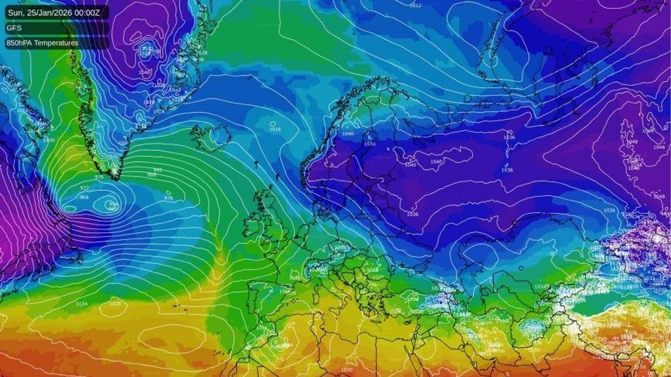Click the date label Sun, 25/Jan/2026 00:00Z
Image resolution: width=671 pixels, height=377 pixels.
[x=56, y=12]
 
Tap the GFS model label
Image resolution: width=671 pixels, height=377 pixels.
[x=14, y=27]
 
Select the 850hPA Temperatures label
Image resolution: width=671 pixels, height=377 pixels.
[x=43, y=43]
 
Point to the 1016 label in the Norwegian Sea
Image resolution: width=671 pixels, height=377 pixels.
[x=275, y=129]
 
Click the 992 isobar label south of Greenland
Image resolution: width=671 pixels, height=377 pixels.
[x=157, y=170]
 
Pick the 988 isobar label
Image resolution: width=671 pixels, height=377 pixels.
[x=152, y=175]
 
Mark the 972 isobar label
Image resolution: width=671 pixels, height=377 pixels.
[x=84, y=187]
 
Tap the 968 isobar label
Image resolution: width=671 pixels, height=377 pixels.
[x=84, y=197]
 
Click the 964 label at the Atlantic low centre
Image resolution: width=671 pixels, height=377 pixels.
[x=113, y=204]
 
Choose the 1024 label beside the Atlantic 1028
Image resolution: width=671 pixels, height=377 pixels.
[x=82, y=304]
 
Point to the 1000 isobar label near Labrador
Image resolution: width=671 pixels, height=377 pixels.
[x=49, y=140]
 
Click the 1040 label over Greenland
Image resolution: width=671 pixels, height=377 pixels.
[x=144, y=72]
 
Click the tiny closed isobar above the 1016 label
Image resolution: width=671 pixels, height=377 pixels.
[x=274, y=123]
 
